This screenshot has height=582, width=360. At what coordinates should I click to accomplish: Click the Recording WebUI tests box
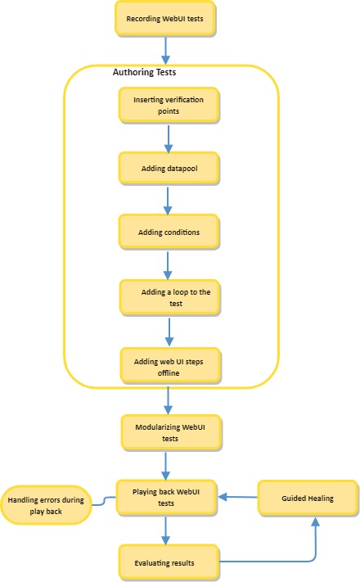[166, 19]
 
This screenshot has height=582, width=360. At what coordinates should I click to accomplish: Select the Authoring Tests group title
[144, 73]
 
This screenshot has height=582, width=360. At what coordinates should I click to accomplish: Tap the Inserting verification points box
[169, 105]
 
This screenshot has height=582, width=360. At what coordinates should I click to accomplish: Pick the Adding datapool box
[169, 167]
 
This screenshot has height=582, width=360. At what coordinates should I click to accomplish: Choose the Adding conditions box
[169, 232]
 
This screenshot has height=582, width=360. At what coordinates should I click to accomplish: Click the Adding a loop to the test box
[169, 297]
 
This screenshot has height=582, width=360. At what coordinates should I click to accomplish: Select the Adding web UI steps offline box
[169, 366]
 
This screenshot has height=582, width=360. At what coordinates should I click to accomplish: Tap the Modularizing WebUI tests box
[169, 432]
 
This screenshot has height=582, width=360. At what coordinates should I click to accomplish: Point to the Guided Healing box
[308, 498]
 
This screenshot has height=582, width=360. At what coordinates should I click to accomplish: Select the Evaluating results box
[169, 562]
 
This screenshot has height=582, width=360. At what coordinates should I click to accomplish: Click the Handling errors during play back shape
[47, 505]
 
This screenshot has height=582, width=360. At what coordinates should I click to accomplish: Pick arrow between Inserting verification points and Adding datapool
[169, 137]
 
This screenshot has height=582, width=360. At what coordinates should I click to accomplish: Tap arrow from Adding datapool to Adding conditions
[169, 200]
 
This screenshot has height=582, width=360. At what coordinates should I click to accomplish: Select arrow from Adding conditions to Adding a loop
[169, 264]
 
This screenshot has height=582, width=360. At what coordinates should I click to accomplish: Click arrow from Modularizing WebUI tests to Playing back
[169, 464]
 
